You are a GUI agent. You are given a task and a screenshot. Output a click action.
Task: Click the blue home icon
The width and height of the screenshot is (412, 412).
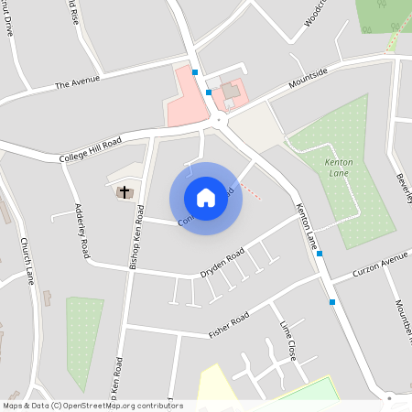[206, 198]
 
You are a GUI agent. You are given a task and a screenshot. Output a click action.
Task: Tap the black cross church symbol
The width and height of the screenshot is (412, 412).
[125, 192]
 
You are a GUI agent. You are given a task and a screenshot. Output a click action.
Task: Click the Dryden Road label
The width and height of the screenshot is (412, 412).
[222, 263]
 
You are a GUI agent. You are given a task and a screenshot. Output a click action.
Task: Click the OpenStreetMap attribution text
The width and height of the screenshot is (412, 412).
[92, 406]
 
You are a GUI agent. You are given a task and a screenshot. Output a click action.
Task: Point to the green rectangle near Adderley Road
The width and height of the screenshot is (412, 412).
[84, 339]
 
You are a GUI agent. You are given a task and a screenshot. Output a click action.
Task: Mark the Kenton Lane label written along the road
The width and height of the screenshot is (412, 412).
[307, 226]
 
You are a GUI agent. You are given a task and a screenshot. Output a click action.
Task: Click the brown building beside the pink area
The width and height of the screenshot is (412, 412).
[230, 91]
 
